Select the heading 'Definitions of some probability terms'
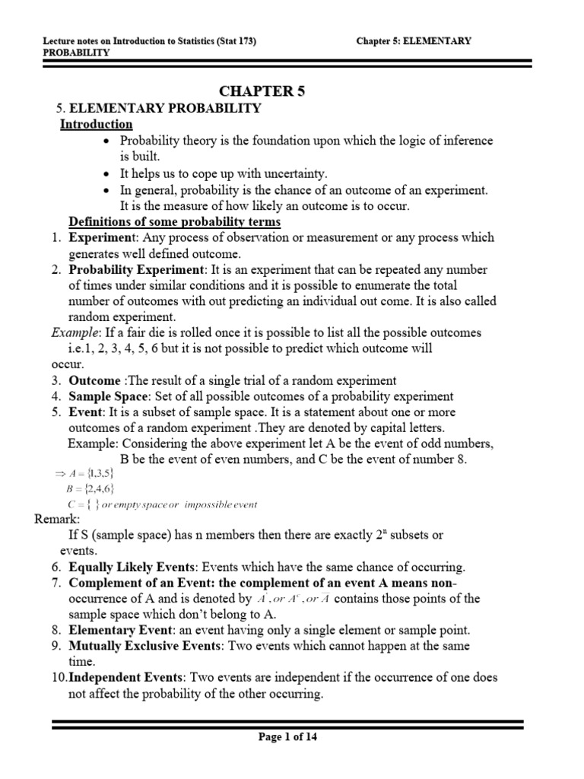[x=175, y=221]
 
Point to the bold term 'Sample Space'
[x=105, y=396]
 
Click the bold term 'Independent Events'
[x=125, y=677]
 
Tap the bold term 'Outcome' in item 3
[x=94, y=380]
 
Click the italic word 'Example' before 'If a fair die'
[x=75, y=333]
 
